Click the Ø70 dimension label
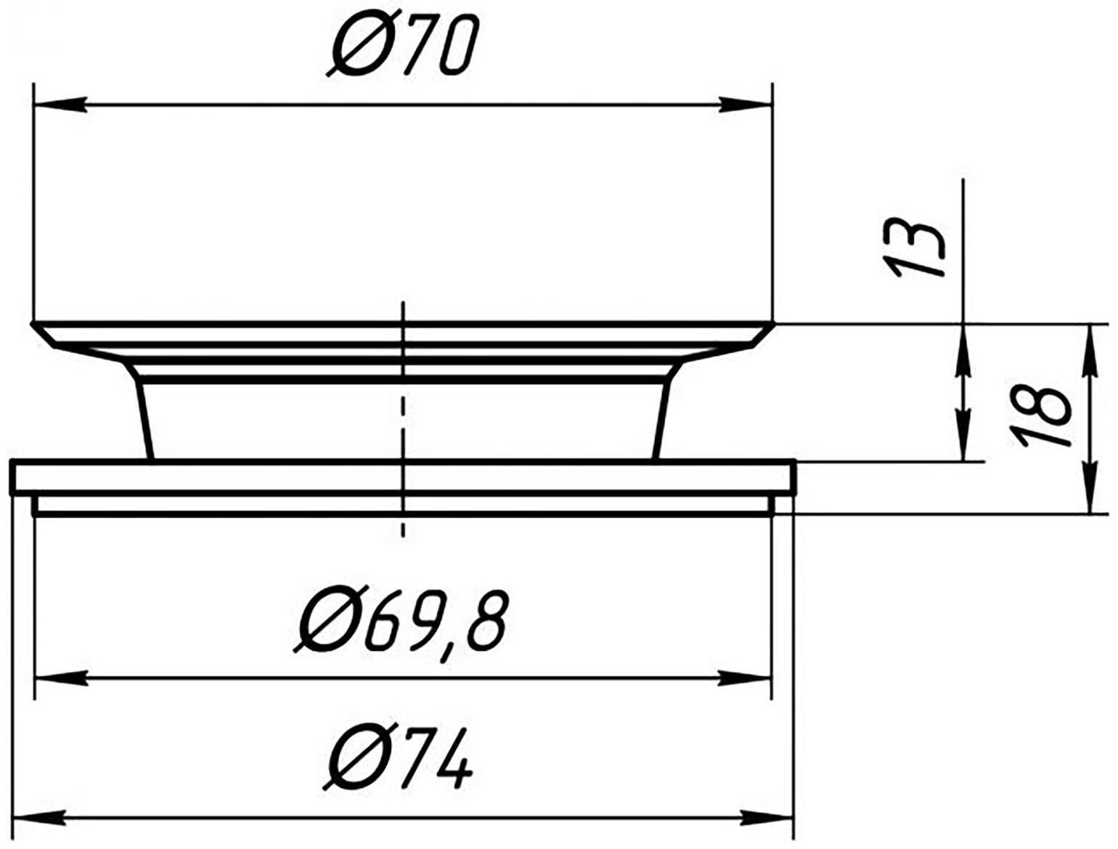[402, 47]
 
